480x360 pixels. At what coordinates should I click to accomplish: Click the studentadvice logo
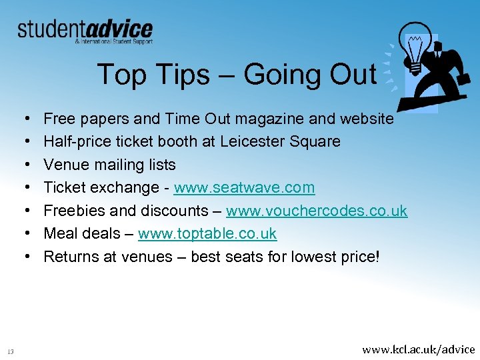click(85, 31)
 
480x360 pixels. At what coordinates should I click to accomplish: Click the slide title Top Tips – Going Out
click(237, 74)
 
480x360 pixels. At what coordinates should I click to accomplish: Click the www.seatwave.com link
click(244, 188)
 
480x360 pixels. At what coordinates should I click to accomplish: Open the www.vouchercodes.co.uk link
click(317, 211)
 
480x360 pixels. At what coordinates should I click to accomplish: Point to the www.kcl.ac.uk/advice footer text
click(418, 349)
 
